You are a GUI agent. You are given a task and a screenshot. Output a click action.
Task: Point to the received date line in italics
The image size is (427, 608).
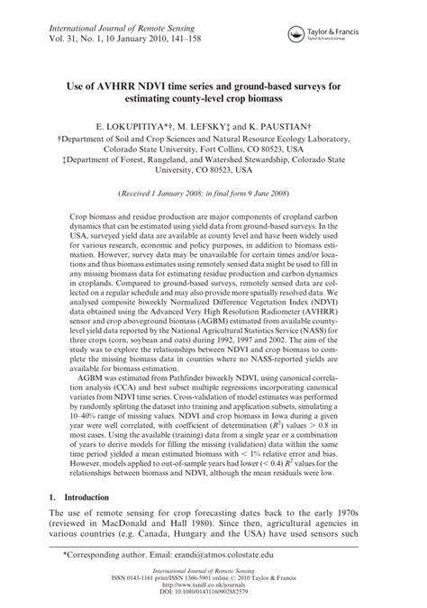point(213,194)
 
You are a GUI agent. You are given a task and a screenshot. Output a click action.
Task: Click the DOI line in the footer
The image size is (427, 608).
point(213,599)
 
